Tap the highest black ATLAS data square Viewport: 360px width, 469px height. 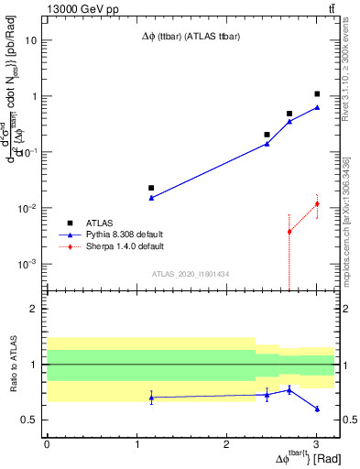317,93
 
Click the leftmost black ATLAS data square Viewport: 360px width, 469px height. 151,188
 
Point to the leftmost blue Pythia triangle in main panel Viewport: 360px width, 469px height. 151,198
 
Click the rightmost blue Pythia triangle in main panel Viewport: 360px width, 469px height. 317,107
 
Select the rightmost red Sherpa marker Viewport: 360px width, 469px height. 317,203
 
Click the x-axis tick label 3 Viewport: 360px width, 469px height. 316,443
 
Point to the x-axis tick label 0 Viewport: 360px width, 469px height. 47,443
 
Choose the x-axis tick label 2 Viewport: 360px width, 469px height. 226,443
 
